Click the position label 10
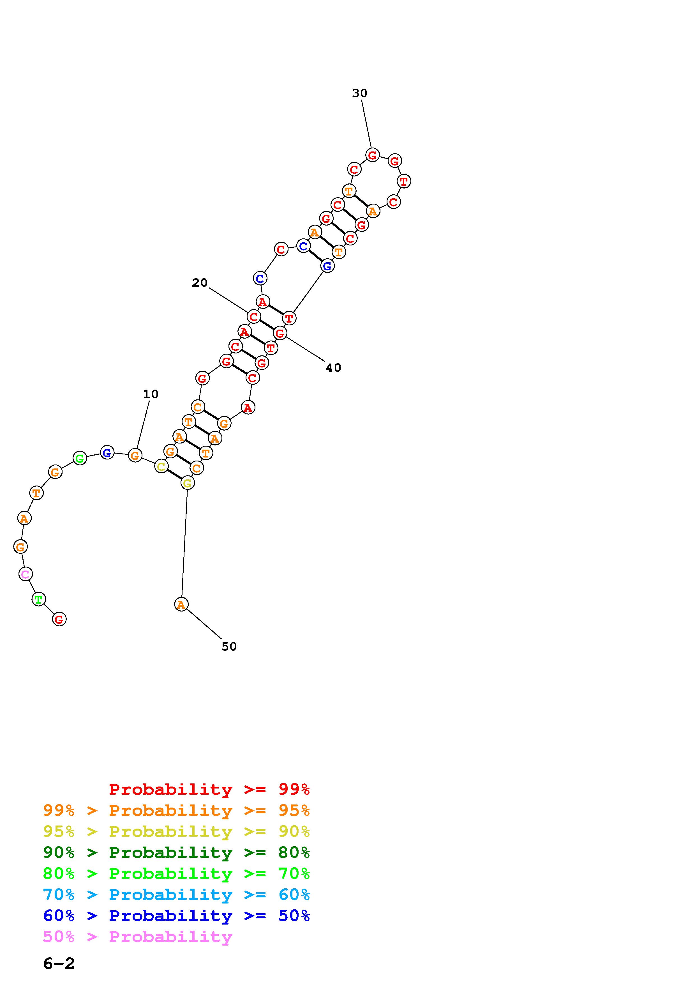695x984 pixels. [151, 394]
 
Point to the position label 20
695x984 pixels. [200, 283]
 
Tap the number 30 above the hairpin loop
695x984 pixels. [360, 93]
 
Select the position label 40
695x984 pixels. [334, 368]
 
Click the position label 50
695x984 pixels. [229, 647]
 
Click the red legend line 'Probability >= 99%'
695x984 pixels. [209, 789]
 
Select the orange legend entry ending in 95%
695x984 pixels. [176, 810]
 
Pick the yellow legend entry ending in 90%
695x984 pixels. [176, 831]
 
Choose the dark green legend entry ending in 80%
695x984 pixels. [176, 852]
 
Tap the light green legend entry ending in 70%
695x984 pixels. [176, 873]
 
